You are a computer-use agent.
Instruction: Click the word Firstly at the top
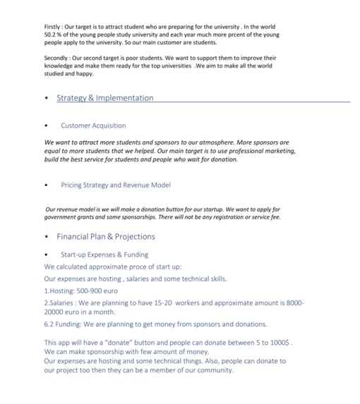tap(53, 26)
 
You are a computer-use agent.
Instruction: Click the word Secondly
tap(57, 58)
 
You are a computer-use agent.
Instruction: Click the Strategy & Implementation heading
tap(104, 98)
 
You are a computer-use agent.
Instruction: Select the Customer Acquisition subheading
tap(93, 126)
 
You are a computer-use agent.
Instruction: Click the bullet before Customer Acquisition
tap(47, 126)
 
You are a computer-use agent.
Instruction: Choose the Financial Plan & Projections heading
tap(105, 237)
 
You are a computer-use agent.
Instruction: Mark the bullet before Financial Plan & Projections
tap(47, 238)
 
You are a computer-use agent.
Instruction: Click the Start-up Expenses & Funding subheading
tap(104, 255)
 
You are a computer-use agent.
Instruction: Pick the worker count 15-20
tap(180, 302)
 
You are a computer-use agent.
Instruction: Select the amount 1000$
tap(278, 342)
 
